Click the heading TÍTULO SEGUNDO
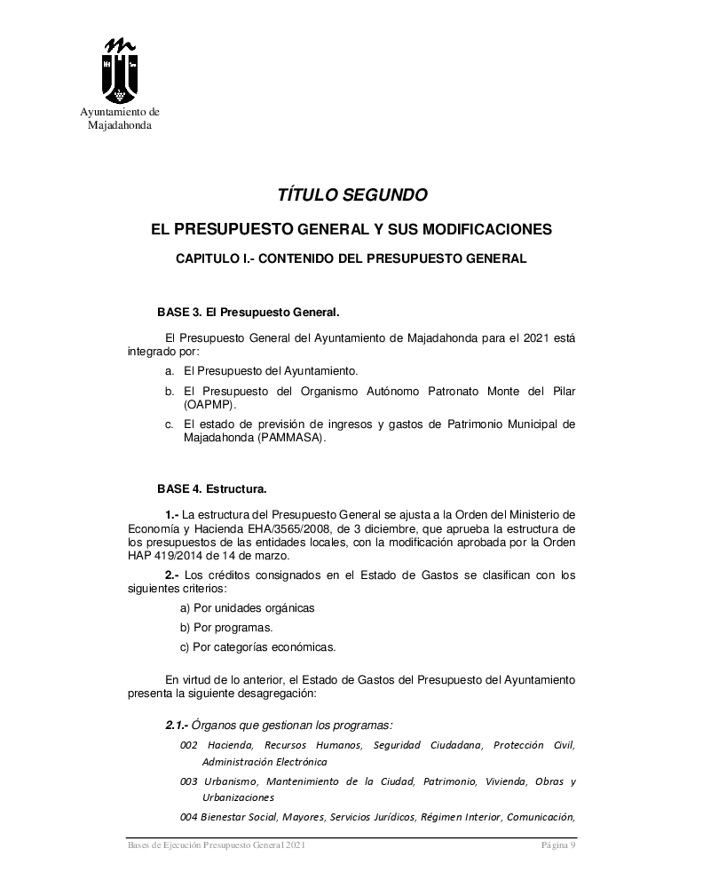pos(352,194)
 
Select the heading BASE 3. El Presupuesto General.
pos(249,313)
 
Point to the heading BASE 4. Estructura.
pos(211,488)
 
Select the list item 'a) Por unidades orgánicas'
pos(247,608)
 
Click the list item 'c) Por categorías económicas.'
pos(257,646)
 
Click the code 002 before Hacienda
pos(188,744)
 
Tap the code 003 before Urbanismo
pos(188,781)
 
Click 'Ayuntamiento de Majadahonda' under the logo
pos(120,119)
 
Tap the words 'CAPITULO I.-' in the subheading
pos(209,258)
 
